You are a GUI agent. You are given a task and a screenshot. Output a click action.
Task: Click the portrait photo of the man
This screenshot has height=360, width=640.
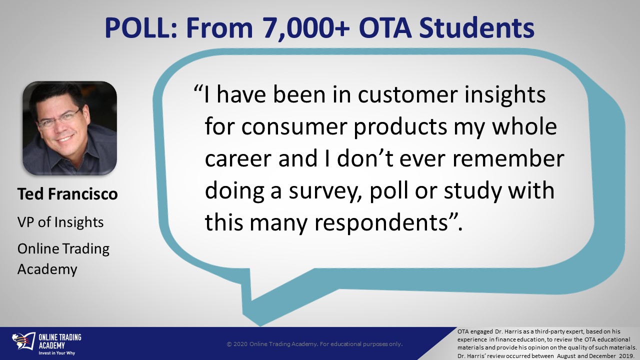(x=69, y=128)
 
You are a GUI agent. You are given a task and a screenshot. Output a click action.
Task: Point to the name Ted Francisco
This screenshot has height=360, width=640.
(x=67, y=193)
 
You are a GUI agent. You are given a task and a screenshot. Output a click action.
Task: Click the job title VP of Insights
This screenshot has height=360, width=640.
(x=60, y=222)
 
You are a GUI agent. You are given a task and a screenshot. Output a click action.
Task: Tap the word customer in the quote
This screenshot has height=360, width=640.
(x=407, y=95)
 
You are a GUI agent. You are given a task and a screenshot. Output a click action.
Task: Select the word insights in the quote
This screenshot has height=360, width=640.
(x=505, y=95)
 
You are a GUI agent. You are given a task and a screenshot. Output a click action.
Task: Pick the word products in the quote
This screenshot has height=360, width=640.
(x=400, y=127)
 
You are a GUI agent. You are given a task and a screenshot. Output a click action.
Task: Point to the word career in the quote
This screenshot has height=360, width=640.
(x=238, y=159)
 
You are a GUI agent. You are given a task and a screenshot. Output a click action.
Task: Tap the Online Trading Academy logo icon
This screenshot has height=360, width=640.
(x=23, y=342)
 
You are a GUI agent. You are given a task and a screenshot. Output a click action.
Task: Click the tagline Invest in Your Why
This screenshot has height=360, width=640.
(x=57, y=353)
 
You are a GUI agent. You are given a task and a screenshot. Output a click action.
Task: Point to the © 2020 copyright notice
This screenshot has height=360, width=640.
(x=314, y=344)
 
